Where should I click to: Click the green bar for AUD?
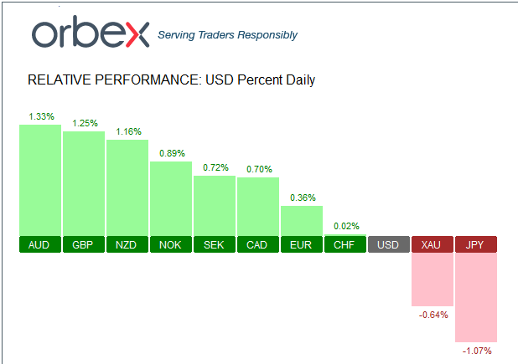tap(40, 180)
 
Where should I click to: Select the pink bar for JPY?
tap(476, 297)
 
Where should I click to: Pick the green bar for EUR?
tap(302, 220)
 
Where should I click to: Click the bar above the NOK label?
tap(171, 198)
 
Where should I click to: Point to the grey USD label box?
tap(389, 244)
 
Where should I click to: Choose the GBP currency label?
tap(84, 244)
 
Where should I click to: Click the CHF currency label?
tap(345, 244)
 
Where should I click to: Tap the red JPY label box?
tap(476, 244)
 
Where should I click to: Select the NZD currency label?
tap(127, 244)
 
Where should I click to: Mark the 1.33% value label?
tap(40, 116)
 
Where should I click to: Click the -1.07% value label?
tap(476, 351)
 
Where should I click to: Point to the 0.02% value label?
tap(345, 226)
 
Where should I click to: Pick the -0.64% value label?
tap(433, 315)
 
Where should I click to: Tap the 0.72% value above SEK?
tap(215, 168)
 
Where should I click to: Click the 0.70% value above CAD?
tap(258, 169)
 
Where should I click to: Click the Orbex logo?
tap(90, 33)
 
